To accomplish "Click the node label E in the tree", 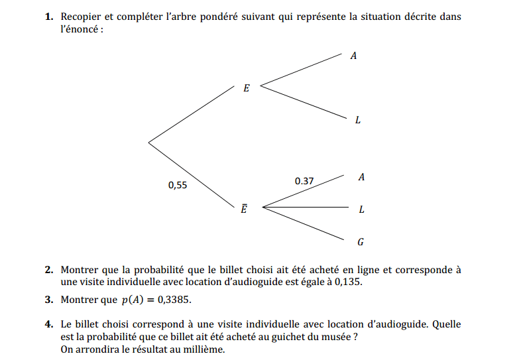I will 247,88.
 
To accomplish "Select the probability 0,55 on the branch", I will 178,186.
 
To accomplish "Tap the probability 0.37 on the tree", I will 304,181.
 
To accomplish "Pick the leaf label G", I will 361,242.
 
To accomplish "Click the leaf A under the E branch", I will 353,56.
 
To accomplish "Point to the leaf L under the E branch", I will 358,121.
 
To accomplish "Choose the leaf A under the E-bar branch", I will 361,178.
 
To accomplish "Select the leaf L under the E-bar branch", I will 361,210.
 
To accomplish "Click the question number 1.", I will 49,17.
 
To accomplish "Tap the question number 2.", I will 49,270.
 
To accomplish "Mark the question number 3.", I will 49,300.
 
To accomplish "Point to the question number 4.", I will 49,325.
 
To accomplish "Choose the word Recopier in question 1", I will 81,17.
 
